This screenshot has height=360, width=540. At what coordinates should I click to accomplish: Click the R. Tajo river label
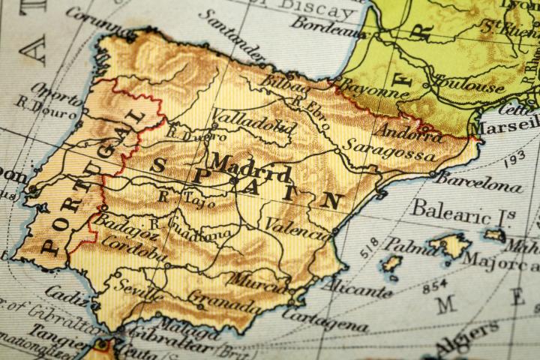184,199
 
